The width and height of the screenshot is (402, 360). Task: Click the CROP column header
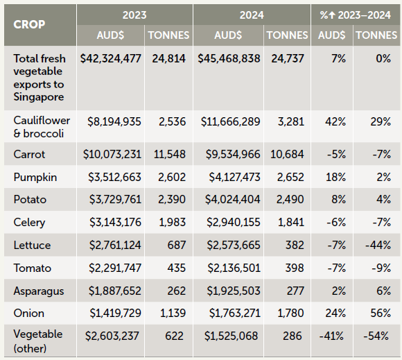pyautogui.click(x=29, y=25)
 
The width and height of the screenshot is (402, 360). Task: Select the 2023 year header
pyautogui.click(x=134, y=15)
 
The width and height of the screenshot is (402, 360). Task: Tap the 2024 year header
pyautogui.click(x=252, y=15)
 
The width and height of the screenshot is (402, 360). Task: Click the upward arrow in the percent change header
pyautogui.click(x=332, y=15)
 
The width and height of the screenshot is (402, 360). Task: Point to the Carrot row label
pyautogui.click(x=29, y=154)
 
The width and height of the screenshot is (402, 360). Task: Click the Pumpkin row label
pyautogui.click(x=35, y=177)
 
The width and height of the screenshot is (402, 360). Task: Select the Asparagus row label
pyautogui.click(x=39, y=291)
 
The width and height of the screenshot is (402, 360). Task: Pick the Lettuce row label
pyautogui.click(x=32, y=245)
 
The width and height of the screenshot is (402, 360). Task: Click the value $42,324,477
pyautogui.click(x=110, y=58)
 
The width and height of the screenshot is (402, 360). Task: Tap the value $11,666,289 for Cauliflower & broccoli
pyautogui.click(x=231, y=121)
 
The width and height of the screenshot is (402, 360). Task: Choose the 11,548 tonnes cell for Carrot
pyautogui.click(x=170, y=155)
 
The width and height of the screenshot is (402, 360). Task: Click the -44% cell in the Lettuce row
pyautogui.click(x=378, y=245)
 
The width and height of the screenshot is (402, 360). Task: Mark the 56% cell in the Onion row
pyautogui.click(x=381, y=313)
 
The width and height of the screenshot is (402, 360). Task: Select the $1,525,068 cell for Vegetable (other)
pyautogui.click(x=231, y=336)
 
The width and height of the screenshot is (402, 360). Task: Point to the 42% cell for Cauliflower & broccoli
pyautogui.click(x=335, y=121)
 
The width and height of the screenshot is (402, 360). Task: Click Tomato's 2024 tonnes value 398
pyautogui.click(x=295, y=268)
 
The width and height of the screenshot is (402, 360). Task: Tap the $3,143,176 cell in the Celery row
pyautogui.click(x=115, y=222)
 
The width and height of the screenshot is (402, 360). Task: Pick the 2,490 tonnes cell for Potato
pyautogui.click(x=290, y=199)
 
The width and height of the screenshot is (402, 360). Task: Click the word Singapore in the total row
pyautogui.click(x=39, y=97)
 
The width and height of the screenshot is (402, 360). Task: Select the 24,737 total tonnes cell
pyautogui.click(x=288, y=58)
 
